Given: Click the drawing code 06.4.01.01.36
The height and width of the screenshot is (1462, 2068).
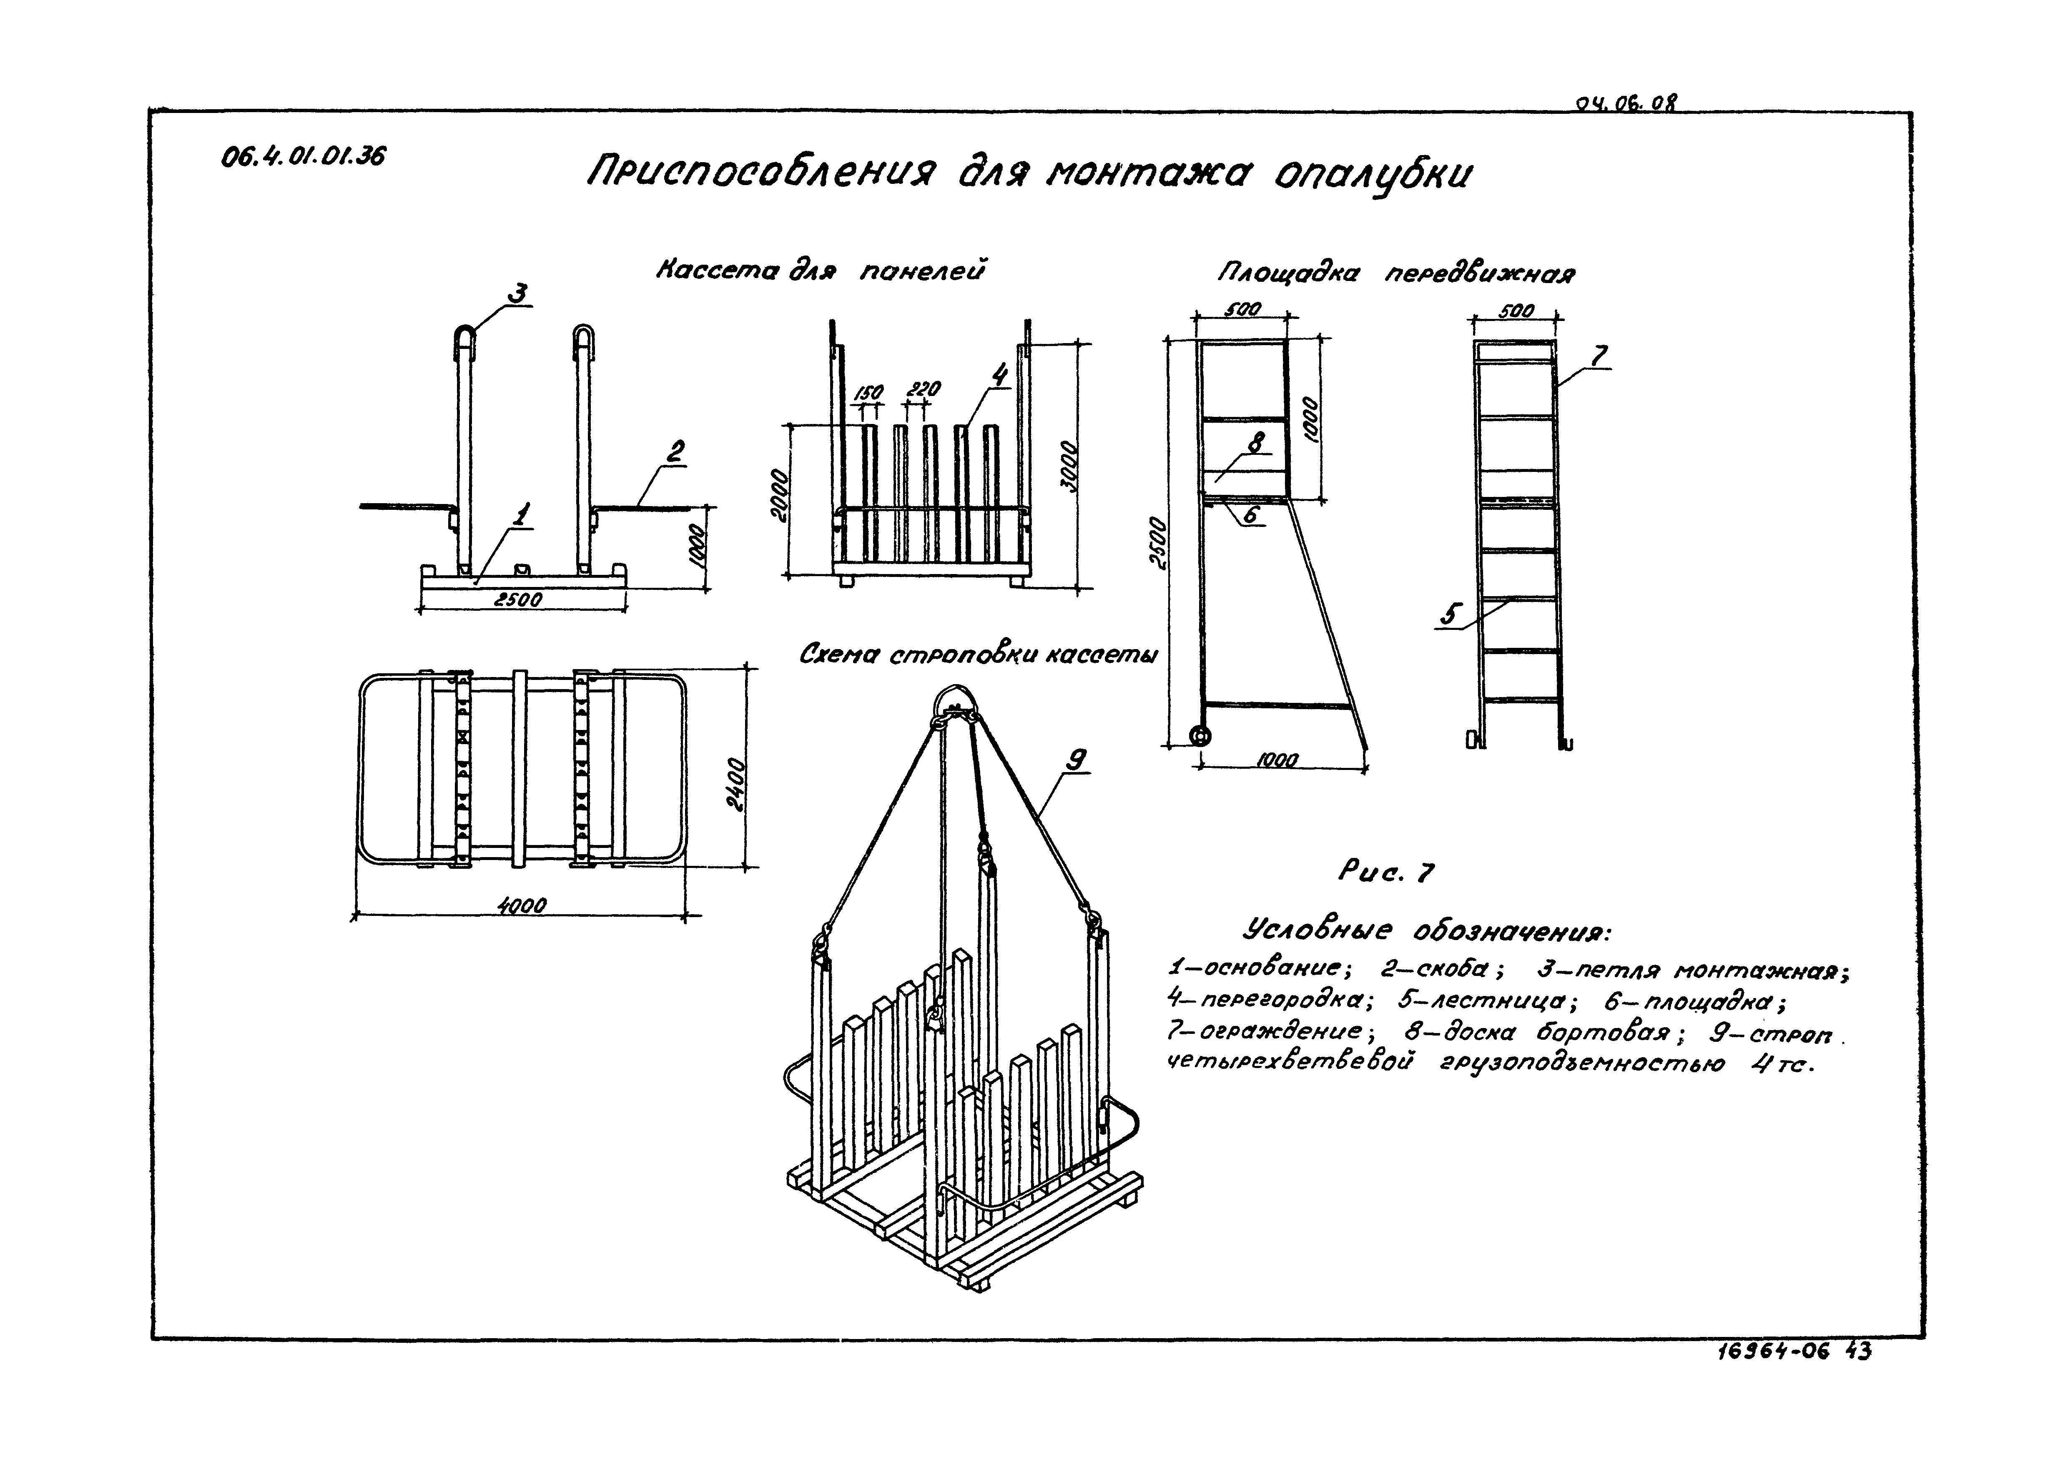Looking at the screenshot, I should [x=303, y=157].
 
